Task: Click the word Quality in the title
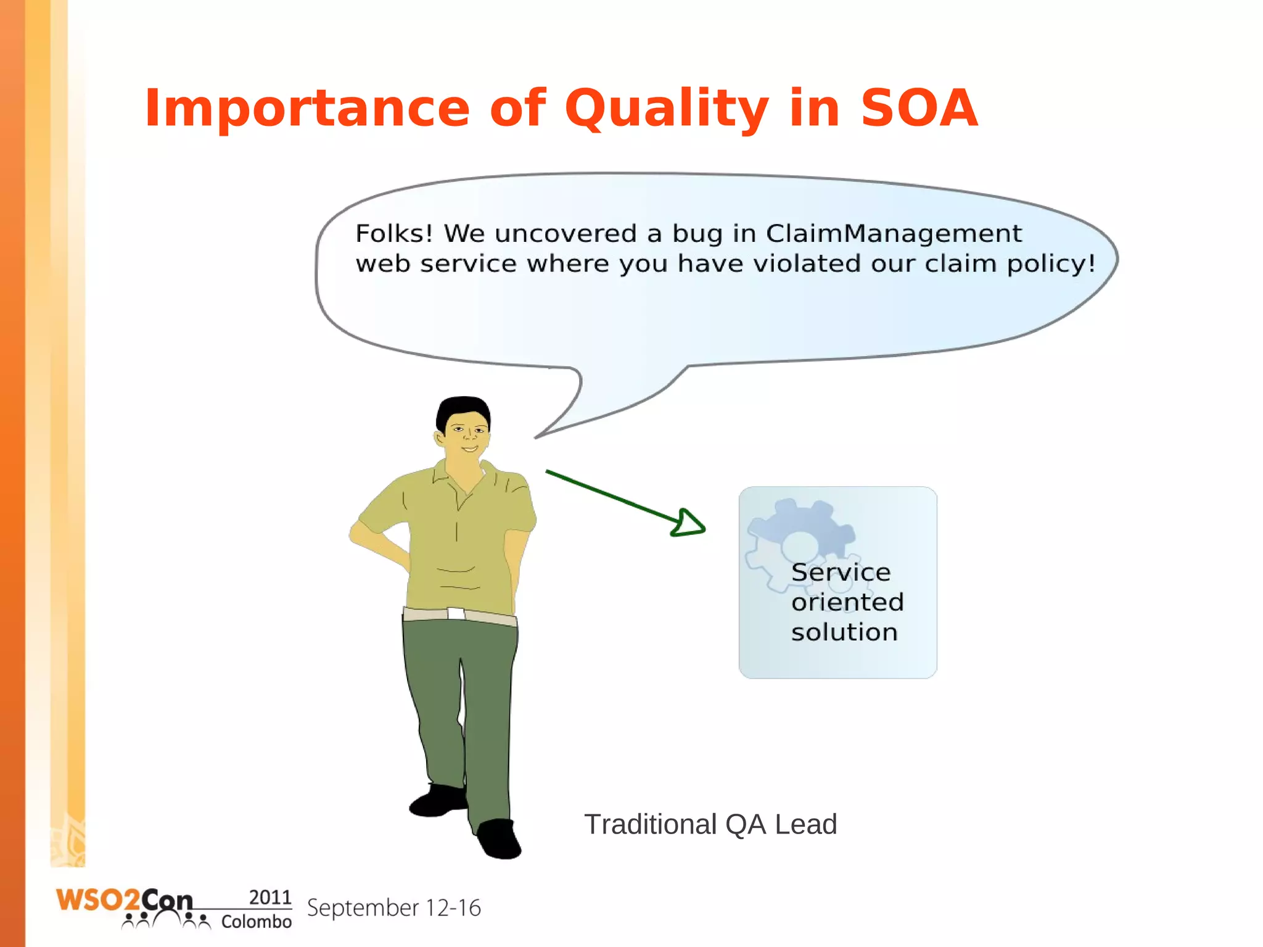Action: pos(666,109)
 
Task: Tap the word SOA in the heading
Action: pos(918,109)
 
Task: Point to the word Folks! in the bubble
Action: pos(394,234)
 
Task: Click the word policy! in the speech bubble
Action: pos(1051,264)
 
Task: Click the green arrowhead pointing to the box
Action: pos(688,523)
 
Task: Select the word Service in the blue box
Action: pos(841,573)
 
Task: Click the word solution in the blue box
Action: pos(844,632)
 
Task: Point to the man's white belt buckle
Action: pos(456,613)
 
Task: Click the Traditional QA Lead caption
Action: pos(710,825)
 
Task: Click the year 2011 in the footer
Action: pos(269,897)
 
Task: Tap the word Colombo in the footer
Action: pos(256,922)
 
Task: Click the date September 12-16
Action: pos(393,908)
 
